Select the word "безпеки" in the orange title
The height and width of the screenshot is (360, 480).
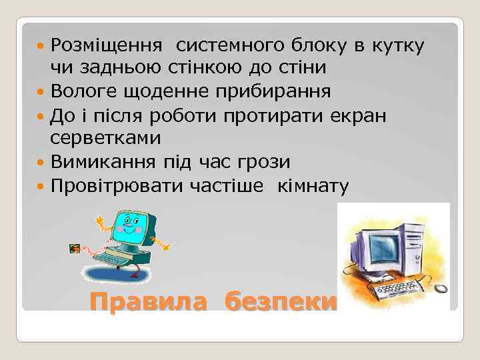[x=281, y=302]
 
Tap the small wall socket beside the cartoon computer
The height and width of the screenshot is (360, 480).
[x=75, y=250]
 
